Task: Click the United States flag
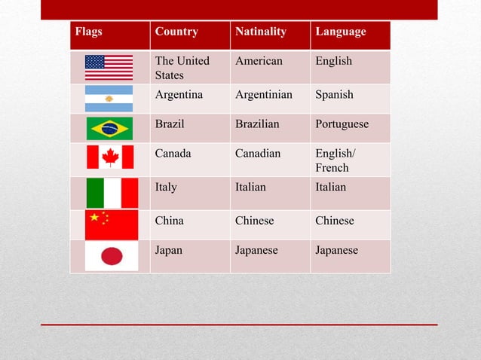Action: click(109, 68)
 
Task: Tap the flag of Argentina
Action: click(109, 99)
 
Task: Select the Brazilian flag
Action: click(109, 129)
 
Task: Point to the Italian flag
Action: click(112, 193)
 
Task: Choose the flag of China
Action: click(112, 224)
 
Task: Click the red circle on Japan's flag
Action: click(112, 256)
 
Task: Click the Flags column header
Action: click(87, 32)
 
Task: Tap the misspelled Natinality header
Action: click(261, 32)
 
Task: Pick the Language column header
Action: click(341, 32)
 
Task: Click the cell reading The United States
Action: click(182, 68)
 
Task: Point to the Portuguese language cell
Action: click(342, 124)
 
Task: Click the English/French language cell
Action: click(333, 160)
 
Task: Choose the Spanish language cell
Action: click(334, 96)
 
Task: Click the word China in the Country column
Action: click(169, 221)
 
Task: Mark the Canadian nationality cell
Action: click(258, 154)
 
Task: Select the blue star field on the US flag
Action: click(95, 62)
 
